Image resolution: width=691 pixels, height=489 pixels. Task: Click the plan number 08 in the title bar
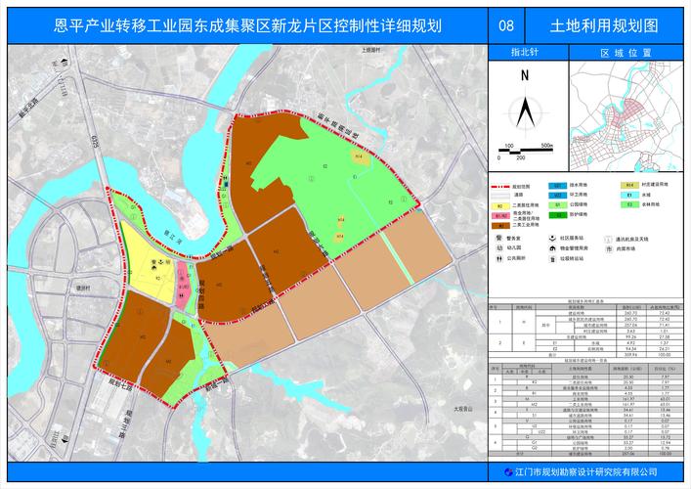[x=505, y=26]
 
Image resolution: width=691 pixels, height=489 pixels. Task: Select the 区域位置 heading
[x=620, y=54]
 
